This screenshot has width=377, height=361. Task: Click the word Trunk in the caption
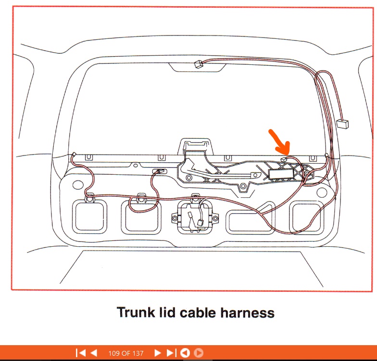point(136,312)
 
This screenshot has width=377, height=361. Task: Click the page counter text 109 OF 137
point(126,353)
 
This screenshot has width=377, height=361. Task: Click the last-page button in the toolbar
point(171,353)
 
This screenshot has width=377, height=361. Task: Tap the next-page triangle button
point(157,353)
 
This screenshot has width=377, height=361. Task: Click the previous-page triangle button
point(94,353)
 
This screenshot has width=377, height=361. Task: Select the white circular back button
point(185,353)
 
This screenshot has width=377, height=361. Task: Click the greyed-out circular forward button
point(199,353)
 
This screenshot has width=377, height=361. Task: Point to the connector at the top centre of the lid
point(198,64)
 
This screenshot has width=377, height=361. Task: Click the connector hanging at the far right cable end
point(342,123)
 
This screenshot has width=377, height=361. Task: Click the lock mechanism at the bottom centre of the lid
point(195,217)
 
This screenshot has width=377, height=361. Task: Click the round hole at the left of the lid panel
point(78,185)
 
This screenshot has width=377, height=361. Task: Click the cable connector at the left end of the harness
point(74,154)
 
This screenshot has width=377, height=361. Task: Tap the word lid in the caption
point(167,312)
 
